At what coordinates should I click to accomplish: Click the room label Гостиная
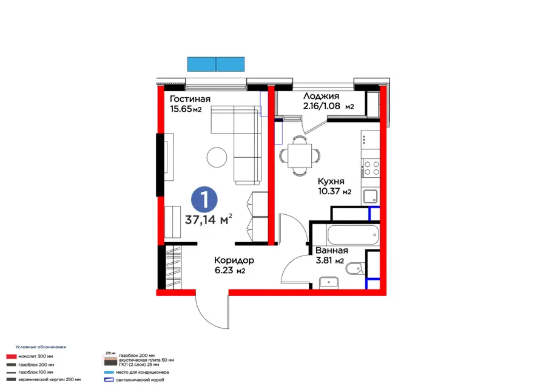coord(190,99)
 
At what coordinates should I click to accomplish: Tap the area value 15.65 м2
coord(185,109)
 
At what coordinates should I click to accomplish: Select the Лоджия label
coord(321,96)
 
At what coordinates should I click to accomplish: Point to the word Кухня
coord(331,181)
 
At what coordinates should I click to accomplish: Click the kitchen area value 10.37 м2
coord(335,192)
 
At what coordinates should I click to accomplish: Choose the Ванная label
coord(331,250)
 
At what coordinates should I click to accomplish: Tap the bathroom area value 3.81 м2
coord(329,261)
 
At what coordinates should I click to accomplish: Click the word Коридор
coord(234,260)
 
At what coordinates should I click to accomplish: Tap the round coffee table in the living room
coord(217,157)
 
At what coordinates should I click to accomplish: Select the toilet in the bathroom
coord(357,265)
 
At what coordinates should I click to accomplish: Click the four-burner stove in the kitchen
coord(371,168)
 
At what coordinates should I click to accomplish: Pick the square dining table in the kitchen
coord(299,155)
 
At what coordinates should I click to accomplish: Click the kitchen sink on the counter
coord(370,196)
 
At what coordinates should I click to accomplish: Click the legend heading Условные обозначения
coord(41,347)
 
